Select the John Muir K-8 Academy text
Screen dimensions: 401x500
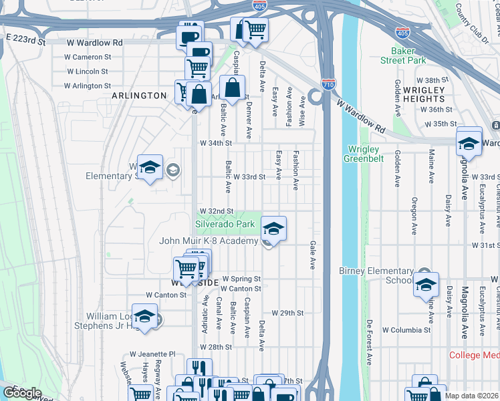[x=208, y=241]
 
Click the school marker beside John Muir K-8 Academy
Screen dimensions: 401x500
[x=273, y=229]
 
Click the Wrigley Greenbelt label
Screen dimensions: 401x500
[x=362, y=154]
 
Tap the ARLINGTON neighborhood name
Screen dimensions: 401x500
[x=139, y=96]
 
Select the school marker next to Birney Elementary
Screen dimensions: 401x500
[x=426, y=285]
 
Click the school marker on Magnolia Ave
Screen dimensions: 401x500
[x=469, y=142]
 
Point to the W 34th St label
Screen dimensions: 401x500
[x=215, y=143]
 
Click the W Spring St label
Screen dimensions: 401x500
[x=241, y=278]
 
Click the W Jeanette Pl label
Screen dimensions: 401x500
[x=152, y=335]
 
